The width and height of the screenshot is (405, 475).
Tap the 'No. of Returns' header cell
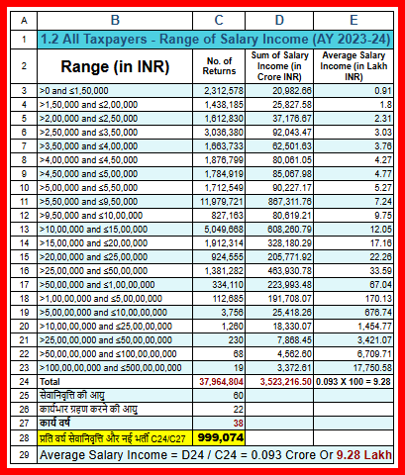pos(221,67)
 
